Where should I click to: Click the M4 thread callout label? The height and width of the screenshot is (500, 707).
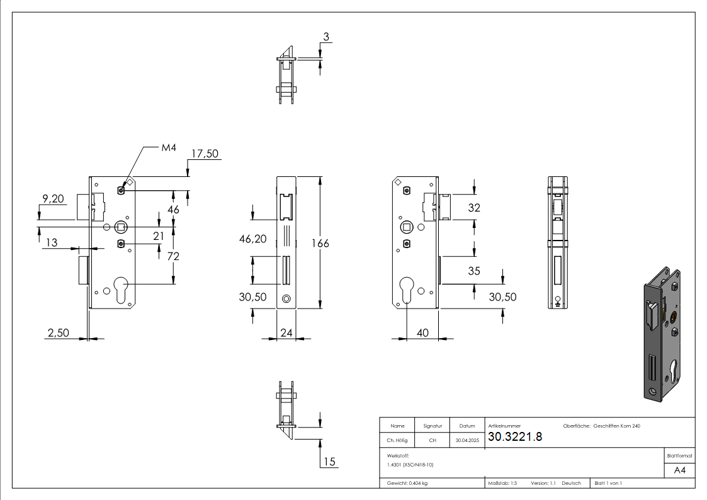click(x=169, y=147)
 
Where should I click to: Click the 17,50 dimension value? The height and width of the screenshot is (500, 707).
click(x=205, y=154)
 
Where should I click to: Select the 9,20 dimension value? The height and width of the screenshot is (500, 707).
click(x=54, y=199)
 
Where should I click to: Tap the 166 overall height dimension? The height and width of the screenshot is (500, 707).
click(x=320, y=244)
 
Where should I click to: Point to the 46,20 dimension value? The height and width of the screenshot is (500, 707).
click(x=253, y=239)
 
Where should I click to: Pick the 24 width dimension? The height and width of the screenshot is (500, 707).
click(x=286, y=332)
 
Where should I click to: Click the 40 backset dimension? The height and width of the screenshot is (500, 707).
click(x=422, y=332)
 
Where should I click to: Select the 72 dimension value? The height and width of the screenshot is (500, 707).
click(x=173, y=256)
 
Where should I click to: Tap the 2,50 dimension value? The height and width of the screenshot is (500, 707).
click(x=58, y=332)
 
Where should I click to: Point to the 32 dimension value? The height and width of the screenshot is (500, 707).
click(x=474, y=208)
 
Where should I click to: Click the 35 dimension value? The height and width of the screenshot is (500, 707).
click(x=474, y=271)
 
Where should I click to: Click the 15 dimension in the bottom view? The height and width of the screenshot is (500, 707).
click(x=329, y=462)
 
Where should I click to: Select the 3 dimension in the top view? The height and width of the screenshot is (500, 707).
click(x=326, y=37)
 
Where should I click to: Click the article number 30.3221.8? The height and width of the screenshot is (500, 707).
click(x=515, y=436)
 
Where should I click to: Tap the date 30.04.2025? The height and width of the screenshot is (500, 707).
click(x=467, y=440)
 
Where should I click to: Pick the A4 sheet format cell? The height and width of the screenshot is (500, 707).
click(x=679, y=470)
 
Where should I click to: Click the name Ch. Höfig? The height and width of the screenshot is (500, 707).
click(x=397, y=440)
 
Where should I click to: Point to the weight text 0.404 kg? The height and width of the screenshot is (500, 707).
click(x=407, y=484)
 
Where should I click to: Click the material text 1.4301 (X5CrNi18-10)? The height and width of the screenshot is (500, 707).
click(x=410, y=465)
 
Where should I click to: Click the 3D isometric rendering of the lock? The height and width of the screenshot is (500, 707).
click(x=662, y=334)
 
